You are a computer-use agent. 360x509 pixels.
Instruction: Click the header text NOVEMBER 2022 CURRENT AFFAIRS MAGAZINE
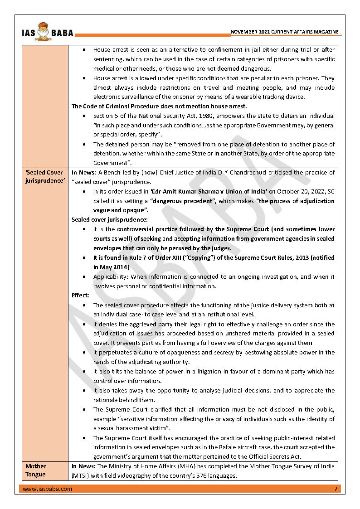click(284, 32)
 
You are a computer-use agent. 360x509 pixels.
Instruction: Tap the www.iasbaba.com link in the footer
click(47, 489)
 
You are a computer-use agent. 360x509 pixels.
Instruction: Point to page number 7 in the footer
click(335, 489)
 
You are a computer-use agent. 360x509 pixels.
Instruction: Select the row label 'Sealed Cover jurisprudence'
click(44, 177)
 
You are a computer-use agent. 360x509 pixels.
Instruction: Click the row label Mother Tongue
click(36, 470)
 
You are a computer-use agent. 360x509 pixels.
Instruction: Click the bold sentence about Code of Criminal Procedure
click(159, 107)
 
